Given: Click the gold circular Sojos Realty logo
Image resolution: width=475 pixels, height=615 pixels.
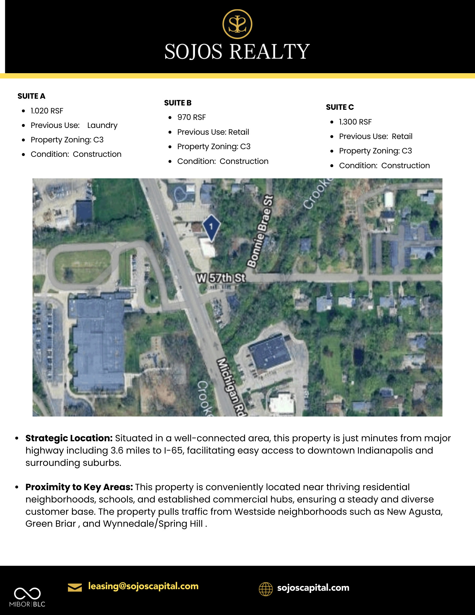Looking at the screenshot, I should click(237, 24).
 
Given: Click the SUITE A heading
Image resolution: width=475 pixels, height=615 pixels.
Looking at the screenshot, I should click(31, 96).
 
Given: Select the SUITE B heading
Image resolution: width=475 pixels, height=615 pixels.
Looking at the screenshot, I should click(178, 103).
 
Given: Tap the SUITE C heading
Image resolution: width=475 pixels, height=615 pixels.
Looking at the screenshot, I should click(340, 107).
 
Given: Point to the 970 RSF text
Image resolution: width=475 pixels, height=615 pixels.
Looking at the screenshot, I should click(191, 117).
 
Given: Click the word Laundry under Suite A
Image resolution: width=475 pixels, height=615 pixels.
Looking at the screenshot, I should click(102, 125).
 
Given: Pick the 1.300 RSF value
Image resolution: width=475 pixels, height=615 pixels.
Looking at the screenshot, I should click(355, 122).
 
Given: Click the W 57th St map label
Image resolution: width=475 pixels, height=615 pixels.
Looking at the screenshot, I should click(221, 278).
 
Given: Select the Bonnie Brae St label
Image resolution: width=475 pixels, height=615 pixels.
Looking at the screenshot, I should click(260, 232).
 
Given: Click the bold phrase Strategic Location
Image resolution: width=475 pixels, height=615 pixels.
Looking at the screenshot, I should click(69, 438).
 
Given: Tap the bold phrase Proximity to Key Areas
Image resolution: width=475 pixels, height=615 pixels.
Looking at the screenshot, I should click(79, 487).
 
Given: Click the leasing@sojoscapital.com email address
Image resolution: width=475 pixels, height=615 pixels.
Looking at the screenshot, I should click(143, 586).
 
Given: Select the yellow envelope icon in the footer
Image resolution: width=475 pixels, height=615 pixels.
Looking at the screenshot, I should click(75, 587).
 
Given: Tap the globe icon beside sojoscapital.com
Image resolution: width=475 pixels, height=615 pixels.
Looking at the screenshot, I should click(266, 589).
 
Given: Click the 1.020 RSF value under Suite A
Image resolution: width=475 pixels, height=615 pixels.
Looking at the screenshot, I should click(47, 111).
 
